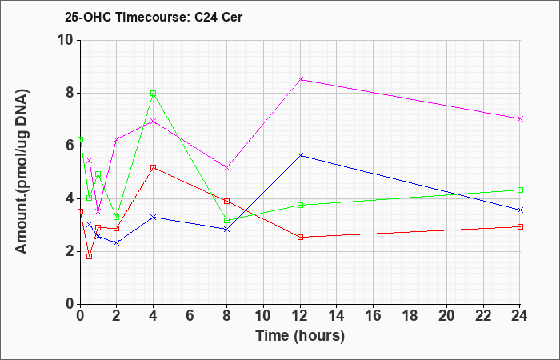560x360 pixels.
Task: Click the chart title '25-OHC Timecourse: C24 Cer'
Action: point(154,17)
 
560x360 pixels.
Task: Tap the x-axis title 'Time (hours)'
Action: point(300,336)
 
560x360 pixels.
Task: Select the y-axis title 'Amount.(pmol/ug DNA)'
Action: point(22,172)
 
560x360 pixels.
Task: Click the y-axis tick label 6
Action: point(70,146)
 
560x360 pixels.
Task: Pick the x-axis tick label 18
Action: point(410,316)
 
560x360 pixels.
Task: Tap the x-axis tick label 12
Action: point(300,316)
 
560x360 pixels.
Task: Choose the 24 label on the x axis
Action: point(519,316)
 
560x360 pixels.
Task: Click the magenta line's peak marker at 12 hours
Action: point(300,79)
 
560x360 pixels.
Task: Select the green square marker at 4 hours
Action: point(154,94)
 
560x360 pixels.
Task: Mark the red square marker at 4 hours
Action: point(154,167)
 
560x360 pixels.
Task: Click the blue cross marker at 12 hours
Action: point(300,155)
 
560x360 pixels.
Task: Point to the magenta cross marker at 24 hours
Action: point(520,119)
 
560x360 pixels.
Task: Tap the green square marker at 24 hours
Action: point(520,190)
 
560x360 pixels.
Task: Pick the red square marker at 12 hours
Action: point(300,237)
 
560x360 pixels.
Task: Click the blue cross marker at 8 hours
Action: point(226,230)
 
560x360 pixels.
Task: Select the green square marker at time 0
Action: point(80,140)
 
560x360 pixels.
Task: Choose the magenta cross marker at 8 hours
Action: point(226,168)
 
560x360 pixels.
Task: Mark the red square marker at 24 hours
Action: point(520,226)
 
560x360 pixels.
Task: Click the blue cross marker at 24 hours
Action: point(520,210)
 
